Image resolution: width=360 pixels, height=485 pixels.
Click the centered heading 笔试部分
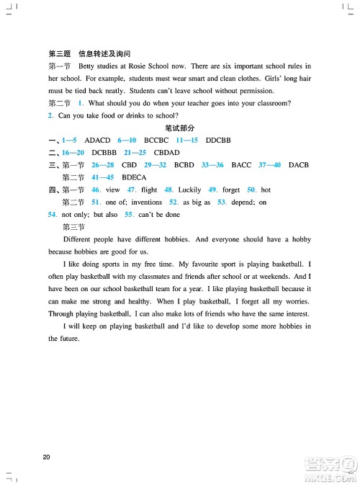click(x=180, y=128)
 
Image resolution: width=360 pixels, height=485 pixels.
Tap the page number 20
click(x=47, y=456)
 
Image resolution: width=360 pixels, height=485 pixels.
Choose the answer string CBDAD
click(x=166, y=153)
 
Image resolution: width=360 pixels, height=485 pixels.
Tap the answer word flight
click(x=149, y=190)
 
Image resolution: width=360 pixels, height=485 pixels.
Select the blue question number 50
click(x=251, y=190)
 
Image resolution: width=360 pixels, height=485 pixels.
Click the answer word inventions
click(x=147, y=203)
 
